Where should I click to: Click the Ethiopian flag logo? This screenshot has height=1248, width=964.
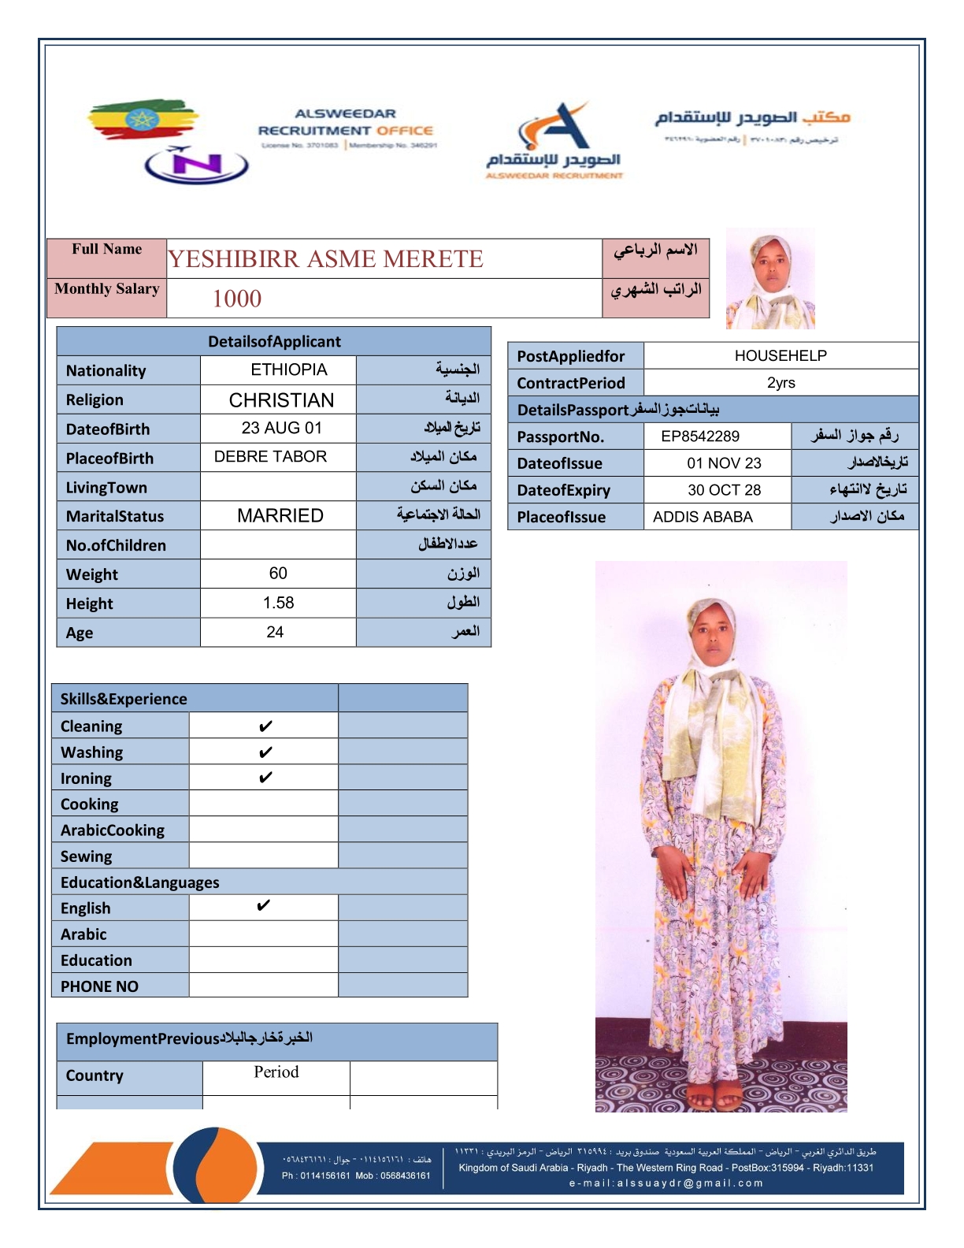[142, 120]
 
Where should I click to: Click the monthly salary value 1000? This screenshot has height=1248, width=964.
[237, 299]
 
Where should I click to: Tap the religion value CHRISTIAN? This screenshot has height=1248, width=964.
[281, 400]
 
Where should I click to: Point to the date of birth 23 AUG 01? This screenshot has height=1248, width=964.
[281, 428]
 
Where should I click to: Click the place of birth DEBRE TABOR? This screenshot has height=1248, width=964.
[270, 457]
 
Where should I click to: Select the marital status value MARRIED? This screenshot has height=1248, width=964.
[280, 516]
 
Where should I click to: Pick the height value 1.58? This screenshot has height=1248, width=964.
[278, 603]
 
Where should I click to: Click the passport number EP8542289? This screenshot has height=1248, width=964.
[700, 436]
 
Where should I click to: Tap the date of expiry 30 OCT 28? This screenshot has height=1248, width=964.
[724, 490]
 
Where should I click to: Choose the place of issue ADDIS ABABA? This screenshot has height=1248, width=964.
[703, 517]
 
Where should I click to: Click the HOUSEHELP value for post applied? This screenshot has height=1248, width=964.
[780, 355]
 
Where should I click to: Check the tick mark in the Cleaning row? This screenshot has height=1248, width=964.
[265, 726]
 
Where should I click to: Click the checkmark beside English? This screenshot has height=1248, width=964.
[264, 906]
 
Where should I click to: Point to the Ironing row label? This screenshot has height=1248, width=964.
[86, 778]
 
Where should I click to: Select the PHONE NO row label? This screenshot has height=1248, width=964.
[99, 986]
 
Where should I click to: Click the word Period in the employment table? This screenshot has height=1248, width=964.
[276, 1072]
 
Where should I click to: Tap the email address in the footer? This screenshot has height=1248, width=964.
[666, 1183]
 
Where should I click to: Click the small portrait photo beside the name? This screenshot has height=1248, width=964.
[770, 279]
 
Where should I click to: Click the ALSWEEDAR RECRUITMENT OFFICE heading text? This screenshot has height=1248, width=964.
[346, 123]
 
